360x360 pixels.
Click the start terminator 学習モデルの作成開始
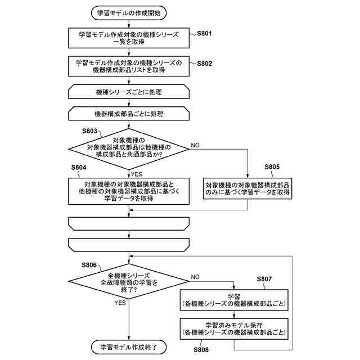tap(129, 13)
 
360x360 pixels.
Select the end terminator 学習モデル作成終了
tap(129, 347)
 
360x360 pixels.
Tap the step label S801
tap(204, 34)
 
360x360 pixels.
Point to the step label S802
tap(204, 64)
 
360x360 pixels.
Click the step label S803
tap(89, 131)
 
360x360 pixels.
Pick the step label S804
tap(79, 168)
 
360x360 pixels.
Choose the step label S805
tap(272, 167)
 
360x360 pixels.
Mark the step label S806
tap(89, 265)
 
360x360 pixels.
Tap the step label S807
tap(264, 279)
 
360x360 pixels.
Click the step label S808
tap(201, 350)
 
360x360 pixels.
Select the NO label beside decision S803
tap(195, 145)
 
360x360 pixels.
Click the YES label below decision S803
tap(137, 174)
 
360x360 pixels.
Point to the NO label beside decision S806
tap(195, 277)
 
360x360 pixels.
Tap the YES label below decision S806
tap(120, 303)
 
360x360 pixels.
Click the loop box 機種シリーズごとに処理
tap(129, 92)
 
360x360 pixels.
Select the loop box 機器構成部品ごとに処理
tap(129, 114)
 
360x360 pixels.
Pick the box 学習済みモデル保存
tap(234, 328)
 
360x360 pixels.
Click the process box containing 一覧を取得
tap(129, 38)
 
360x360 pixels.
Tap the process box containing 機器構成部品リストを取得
tap(129, 66)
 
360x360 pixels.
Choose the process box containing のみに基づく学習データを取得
tap(247, 188)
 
